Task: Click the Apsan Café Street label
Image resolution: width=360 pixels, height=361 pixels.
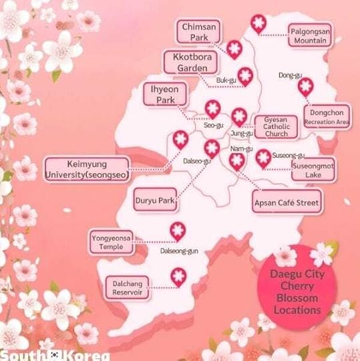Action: [287, 201]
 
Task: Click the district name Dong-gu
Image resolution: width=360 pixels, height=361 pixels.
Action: [289, 75]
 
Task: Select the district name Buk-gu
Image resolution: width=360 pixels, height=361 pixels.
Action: [226, 81]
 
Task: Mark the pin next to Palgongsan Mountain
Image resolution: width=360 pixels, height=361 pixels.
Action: [258, 24]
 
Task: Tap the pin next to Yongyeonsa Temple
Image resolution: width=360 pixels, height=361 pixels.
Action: [177, 230]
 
